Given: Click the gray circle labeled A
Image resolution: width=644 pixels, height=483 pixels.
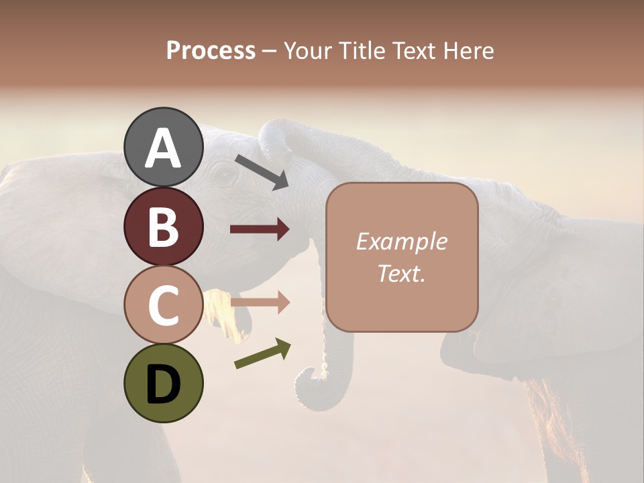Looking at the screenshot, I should pyautogui.click(x=163, y=147).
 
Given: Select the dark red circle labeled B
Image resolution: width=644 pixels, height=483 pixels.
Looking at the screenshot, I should pyautogui.click(x=163, y=226).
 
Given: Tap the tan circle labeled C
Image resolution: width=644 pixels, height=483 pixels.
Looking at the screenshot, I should pyautogui.click(x=163, y=305).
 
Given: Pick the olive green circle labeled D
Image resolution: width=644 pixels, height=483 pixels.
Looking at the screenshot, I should pyautogui.click(x=163, y=384).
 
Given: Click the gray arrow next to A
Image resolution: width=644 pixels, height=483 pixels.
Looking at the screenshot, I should pyautogui.click(x=262, y=172).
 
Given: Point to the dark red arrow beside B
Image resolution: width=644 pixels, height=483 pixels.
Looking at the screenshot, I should pyautogui.click(x=260, y=229).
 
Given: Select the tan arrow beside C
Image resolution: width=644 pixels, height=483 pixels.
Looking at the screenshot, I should pyautogui.click(x=260, y=303).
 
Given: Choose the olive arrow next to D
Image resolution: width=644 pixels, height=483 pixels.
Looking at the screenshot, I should pyautogui.click(x=262, y=354).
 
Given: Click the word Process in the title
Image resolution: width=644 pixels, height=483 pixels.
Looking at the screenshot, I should pyautogui.click(x=211, y=50).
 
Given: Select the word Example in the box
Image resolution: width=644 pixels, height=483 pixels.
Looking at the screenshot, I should pyautogui.click(x=401, y=241).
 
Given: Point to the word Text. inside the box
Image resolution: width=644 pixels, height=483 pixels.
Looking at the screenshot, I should pyautogui.click(x=401, y=274).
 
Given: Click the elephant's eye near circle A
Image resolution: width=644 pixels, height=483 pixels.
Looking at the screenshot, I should pyautogui.click(x=223, y=176).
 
